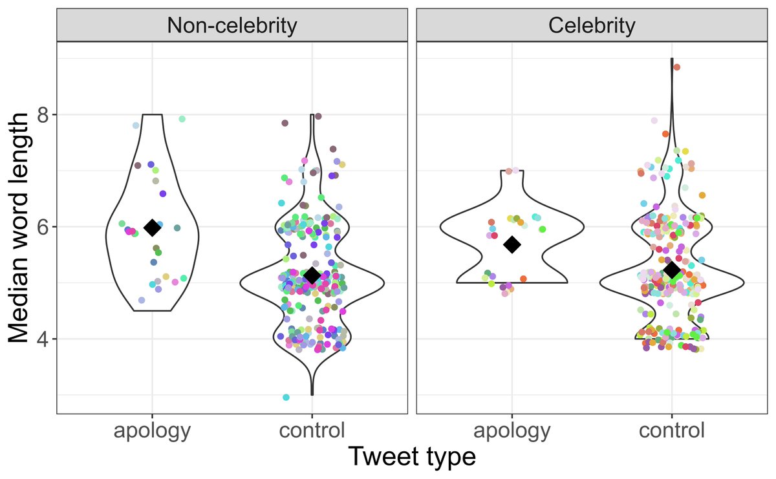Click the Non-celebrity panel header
click(232, 25)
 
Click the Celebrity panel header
click(592, 25)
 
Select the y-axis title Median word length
click(21, 227)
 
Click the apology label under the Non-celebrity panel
click(152, 431)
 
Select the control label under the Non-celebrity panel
click(312, 431)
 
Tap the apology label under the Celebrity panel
click(512, 431)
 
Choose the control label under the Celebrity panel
click(672, 431)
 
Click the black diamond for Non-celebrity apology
click(152, 228)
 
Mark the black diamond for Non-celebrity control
click(312, 276)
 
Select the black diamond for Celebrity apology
click(512, 244)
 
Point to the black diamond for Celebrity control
click(672, 270)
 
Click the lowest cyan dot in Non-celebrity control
click(286, 398)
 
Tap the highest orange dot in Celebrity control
click(676, 67)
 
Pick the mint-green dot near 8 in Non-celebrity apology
click(182, 119)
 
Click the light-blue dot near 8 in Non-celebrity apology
click(136, 125)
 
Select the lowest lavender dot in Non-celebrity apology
click(142, 301)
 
